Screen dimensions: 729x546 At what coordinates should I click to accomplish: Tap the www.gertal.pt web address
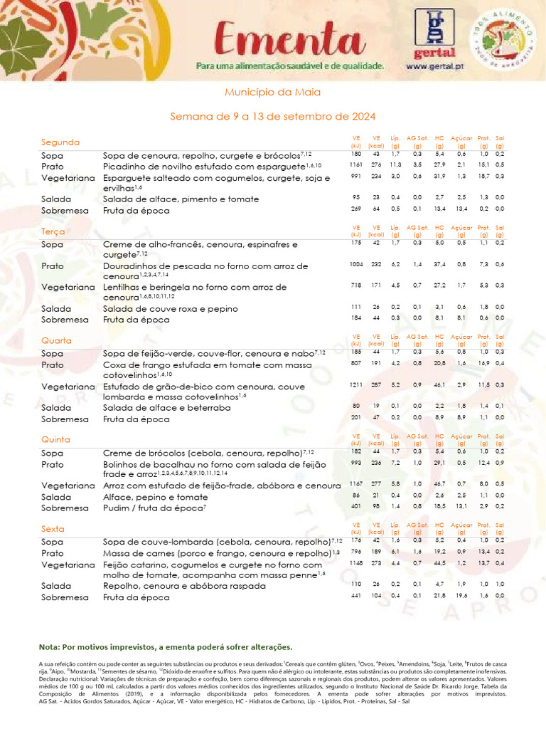pyautogui.click(x=435, y=65)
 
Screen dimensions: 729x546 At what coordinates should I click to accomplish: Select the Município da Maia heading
pyautogui.click(x=273, y=93)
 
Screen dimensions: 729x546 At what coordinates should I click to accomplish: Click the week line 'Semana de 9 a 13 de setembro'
pyautogui.click(x=273, y=116)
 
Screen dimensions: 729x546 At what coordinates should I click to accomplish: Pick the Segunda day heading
pyautogui.click(x=60, y=142)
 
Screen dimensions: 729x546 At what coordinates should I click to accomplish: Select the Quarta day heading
pyautogui.click(x=56, y=340)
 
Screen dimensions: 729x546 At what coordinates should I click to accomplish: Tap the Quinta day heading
pyautogui.click(x=56, y=440)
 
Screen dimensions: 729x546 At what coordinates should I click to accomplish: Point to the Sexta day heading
pyautogui.click(x=54, y=530)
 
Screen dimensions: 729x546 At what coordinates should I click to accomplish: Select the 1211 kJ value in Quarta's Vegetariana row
pyautogui.click(x=356, y=385)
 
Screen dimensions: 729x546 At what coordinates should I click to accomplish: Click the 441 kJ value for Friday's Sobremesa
pyautogui.click(x=356, y=595)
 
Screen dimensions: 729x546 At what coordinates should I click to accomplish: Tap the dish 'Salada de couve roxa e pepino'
pyautogui.click(x=170, y=310)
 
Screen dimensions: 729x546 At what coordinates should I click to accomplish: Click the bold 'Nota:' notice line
pyautogui.click(x=166, y=647)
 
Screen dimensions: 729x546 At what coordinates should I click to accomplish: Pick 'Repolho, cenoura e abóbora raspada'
pyautogui.click(x=185, y=586)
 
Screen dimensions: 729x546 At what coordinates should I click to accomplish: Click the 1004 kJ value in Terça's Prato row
pyautogui.click(x=356, y=264)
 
